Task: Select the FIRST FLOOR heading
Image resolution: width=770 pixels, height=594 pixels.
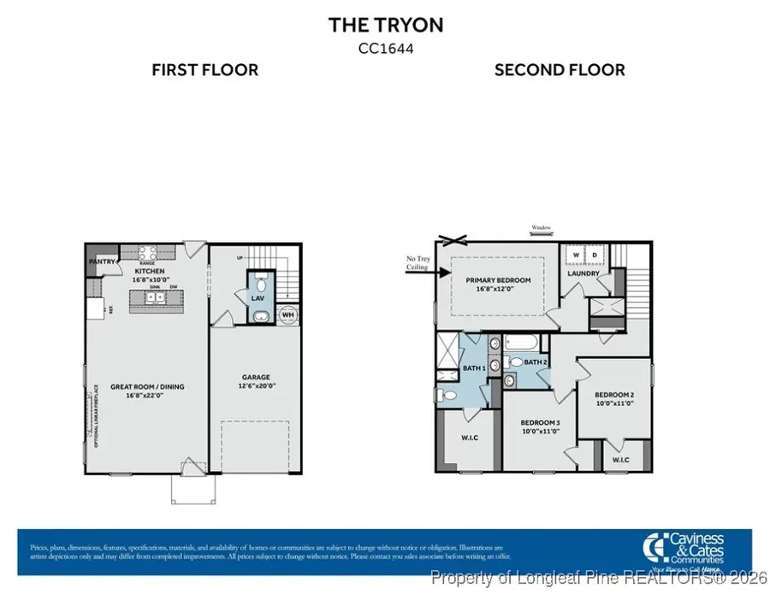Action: [205, 70]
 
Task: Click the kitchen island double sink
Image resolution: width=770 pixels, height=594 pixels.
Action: [156, 298]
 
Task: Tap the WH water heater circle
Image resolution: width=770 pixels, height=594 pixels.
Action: [287, 315]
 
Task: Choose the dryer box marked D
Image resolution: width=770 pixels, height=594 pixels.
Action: [593, 255]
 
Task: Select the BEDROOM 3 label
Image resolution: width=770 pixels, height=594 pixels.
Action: [540, 422]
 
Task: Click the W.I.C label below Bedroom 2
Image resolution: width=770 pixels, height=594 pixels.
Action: [620, 460]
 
